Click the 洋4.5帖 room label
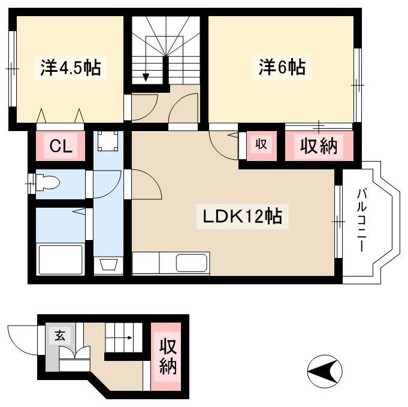(71, 68)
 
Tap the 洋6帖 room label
(282, 67)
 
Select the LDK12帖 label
(242, 217)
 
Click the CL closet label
(61, 146)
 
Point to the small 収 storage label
(261, 144)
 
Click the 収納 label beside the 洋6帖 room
(319, 146)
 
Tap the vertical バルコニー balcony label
(362, 220)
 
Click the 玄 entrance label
(60, 336)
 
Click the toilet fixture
(47, 183)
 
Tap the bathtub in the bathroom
(61, 259)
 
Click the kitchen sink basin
(192, 263)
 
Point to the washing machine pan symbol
(108, 141)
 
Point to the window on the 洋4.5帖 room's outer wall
(13, 69)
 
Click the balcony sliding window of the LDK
(339, 221)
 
